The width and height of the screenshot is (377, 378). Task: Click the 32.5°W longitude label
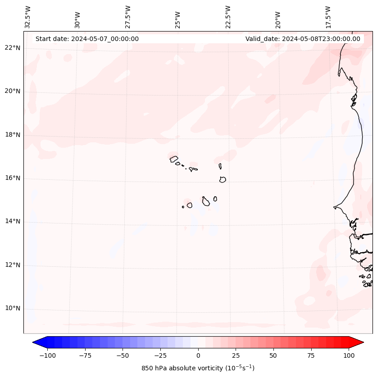(28, 17)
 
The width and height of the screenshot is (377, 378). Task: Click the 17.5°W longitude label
(328, 17)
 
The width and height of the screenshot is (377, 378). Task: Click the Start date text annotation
(87, 39)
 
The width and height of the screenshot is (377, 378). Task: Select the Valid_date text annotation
(303, 39)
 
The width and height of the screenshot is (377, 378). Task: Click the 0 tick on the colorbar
(198, 355)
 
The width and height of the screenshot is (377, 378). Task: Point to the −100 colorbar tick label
(47, 355)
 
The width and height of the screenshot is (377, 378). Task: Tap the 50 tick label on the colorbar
(273, 355)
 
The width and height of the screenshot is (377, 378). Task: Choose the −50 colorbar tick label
(123, 355)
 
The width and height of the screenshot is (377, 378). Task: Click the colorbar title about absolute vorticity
(198, 368)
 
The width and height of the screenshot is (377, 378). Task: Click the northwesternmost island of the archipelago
(174, 159)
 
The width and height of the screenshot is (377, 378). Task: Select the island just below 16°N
(223, 179)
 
